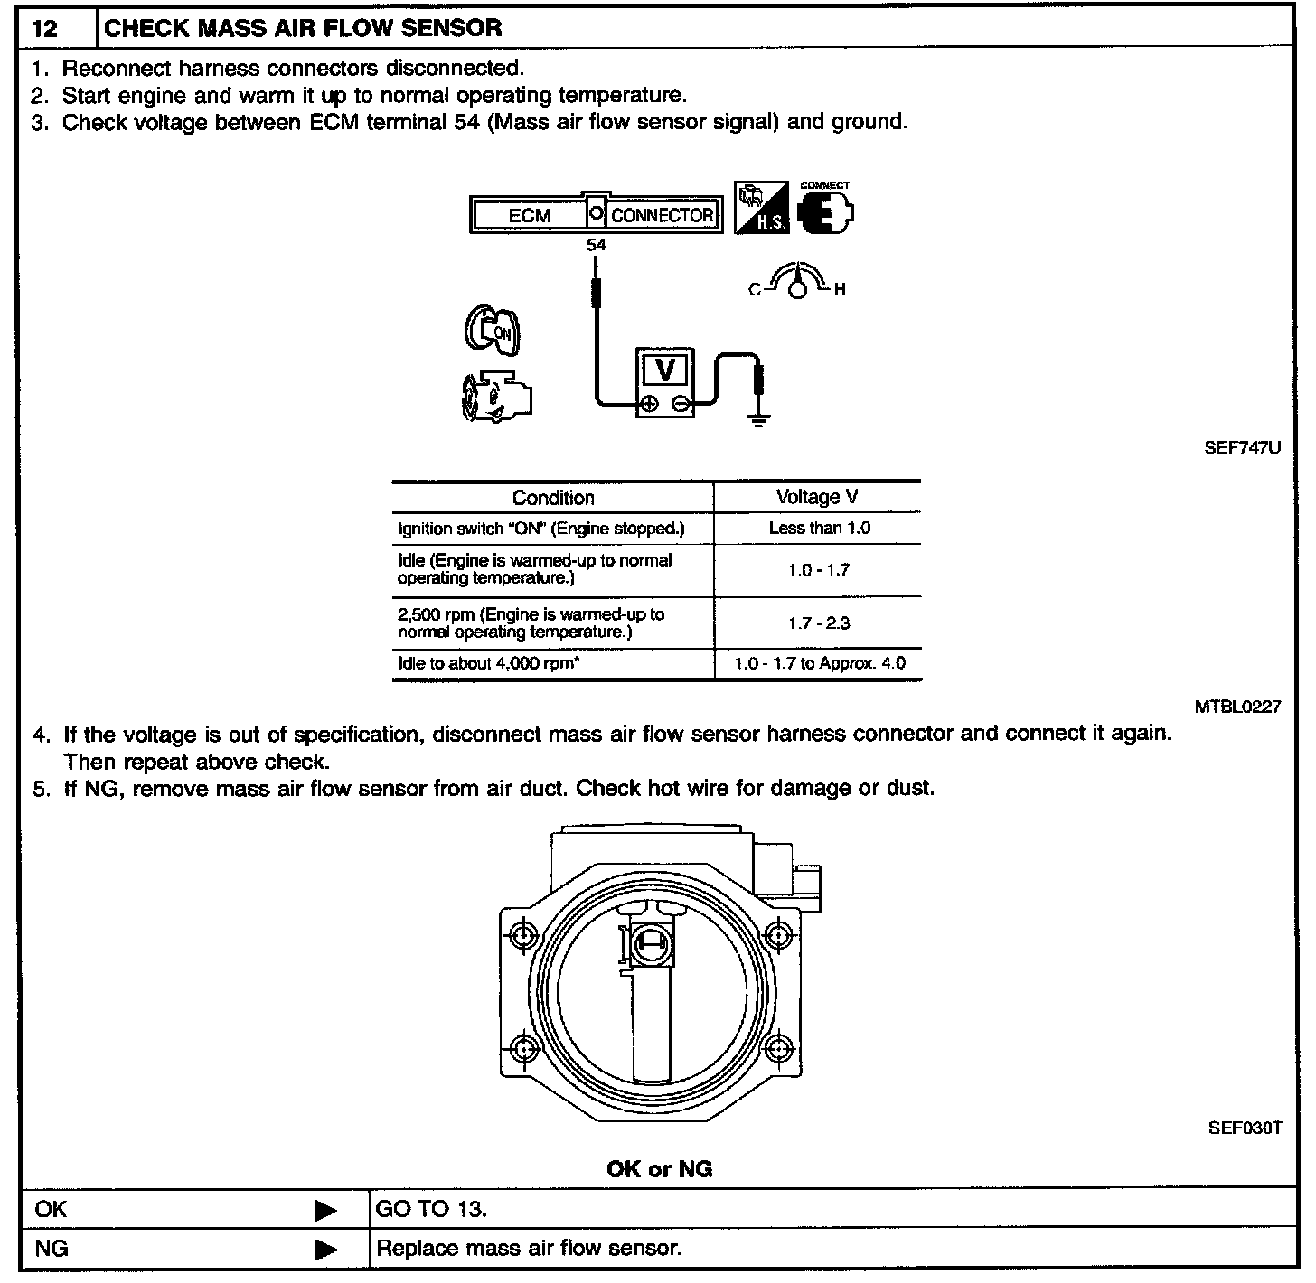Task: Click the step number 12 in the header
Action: click(x=45, y=28)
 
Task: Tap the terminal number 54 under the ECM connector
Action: click(x=596, y=245)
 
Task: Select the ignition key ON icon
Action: click(x=493, y=331)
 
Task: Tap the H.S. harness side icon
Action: click(x=761, y=209)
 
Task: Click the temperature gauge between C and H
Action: click(x=796, y=282)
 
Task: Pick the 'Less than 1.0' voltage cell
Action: click(x=819, y=528)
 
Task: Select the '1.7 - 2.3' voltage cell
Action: click(x=819, y=623)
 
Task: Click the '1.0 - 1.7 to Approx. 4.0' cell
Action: click(x=819, y=663)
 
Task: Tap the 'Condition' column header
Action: click(x=553, y=498)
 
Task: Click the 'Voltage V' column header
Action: click(x=817, y=497)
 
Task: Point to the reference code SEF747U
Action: click(x=1242, y=448)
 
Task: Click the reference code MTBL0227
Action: click(x=1237, y=707)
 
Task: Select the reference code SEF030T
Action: click(x=1245, y=1128)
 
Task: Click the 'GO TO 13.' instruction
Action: click(x=431, y=1209)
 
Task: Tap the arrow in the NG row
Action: click(x=325, y=1250)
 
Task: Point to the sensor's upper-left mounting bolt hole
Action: click(x=524, y=936)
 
